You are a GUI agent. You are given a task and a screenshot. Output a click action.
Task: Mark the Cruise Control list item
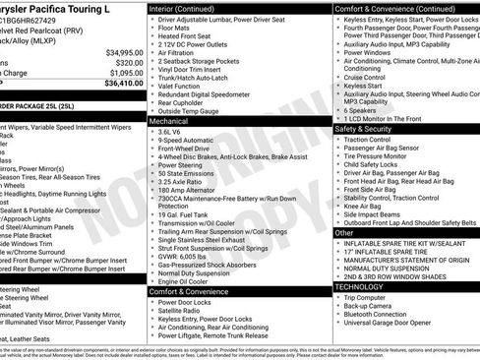(366, 76)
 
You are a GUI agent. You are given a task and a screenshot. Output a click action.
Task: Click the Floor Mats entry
(176, 29)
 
